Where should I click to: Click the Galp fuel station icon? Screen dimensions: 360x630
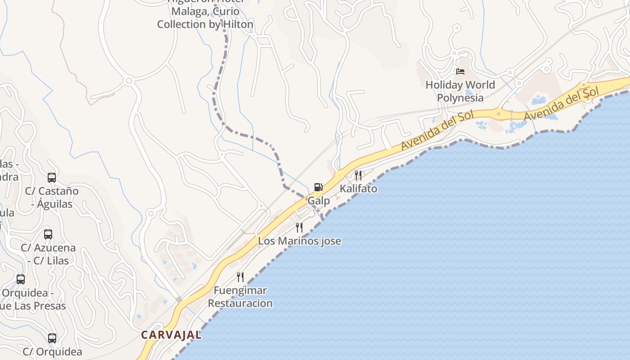coord(318,187)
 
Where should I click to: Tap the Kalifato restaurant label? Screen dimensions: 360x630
coord(358,189)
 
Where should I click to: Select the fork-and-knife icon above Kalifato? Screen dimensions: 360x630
coord(358,175)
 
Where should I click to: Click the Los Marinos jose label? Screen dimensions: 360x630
coord(299,241)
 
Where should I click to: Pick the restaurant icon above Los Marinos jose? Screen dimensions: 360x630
coord(299,228)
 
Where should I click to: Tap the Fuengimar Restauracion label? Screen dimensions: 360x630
coord(240,297)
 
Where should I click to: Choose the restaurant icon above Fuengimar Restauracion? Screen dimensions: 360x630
coord(240,277)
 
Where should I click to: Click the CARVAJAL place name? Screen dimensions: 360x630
coord(171,335)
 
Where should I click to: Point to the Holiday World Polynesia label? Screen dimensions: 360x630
coord(460,91)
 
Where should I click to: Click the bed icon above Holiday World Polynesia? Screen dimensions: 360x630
coord(460,71)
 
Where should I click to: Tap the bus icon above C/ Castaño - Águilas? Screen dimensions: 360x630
coord(52,177)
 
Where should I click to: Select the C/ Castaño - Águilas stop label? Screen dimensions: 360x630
coord(52,197)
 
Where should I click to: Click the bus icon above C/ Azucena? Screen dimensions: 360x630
coord(48,234)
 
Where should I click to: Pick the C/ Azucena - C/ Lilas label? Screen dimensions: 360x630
coord(48,254)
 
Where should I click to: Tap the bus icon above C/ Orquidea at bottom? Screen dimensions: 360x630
coord(52,338)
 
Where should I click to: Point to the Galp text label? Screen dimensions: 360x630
coord(319,201)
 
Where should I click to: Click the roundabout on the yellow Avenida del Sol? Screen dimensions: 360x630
coord(498,114)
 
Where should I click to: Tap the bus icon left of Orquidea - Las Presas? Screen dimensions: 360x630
coord(21,279)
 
